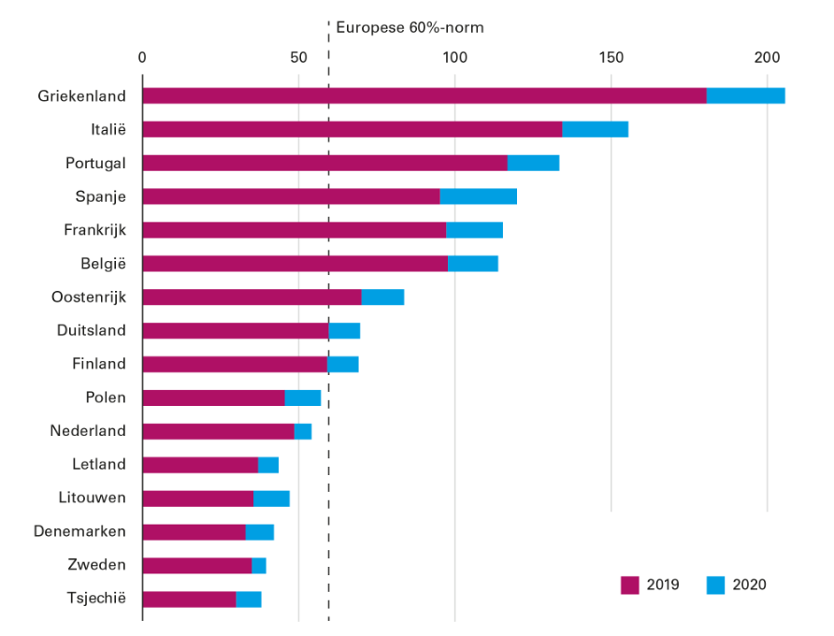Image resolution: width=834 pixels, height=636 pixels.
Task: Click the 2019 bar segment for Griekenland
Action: tap(424, 95)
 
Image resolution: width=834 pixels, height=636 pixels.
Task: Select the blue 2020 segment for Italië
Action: tap(595, 129)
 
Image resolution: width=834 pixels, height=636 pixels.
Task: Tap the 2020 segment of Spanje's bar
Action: tap(478, 196)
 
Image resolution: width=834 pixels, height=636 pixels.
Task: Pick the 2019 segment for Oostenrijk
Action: tap(252, 297)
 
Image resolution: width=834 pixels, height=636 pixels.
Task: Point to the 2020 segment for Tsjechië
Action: tap(249, 599)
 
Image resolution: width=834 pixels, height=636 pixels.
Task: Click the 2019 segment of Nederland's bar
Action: tap(218, 431)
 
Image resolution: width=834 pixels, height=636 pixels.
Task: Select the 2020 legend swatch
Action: tap(715, 585)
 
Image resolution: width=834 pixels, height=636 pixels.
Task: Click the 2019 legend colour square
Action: tap(630, 585)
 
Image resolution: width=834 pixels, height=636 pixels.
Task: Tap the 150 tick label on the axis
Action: tap(611, 56)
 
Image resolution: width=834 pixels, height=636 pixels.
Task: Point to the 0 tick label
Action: tap(142, 56)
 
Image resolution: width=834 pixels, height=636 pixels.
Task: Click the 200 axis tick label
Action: tap(767, 56)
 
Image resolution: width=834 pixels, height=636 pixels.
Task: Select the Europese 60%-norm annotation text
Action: tap(410, 27)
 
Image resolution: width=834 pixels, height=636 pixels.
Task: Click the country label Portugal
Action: tap(95, 163)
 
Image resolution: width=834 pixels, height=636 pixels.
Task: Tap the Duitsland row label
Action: tap(91, 330)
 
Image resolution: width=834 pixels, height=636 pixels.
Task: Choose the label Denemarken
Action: tap(79, 531)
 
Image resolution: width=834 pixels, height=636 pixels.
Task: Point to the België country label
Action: tap(101, 264)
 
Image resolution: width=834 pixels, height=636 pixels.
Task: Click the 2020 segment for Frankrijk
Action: tap(474, 230)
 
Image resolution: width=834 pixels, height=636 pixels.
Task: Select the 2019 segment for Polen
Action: tap(213, 397)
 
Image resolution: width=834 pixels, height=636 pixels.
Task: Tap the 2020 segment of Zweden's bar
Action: tap(259, 565)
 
